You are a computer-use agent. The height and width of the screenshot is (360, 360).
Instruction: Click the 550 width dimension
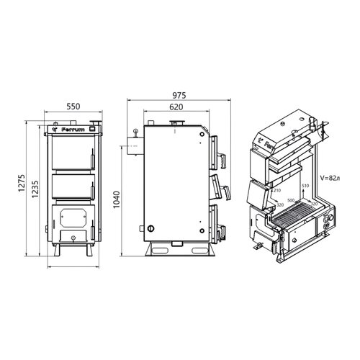(x=73, y=107)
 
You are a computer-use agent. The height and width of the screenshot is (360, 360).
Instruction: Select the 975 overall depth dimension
(x=179, y=96)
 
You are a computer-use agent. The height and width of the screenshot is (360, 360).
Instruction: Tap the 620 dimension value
(x=176, y=107)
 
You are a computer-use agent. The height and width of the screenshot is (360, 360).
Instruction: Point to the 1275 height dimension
(x=22, y=183)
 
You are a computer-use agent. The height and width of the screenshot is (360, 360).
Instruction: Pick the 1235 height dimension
(x=35, y=189)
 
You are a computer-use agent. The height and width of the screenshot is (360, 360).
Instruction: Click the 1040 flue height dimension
(x=117, y=199)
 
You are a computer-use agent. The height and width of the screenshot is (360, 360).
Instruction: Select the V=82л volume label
(x=330, y=178)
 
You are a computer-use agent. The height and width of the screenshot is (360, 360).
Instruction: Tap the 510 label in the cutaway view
(x=305, y=186)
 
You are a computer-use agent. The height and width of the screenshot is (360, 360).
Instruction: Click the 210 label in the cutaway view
(x=277, y=190)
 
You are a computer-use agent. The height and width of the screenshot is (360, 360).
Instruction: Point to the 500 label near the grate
(x=291, y=200)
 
